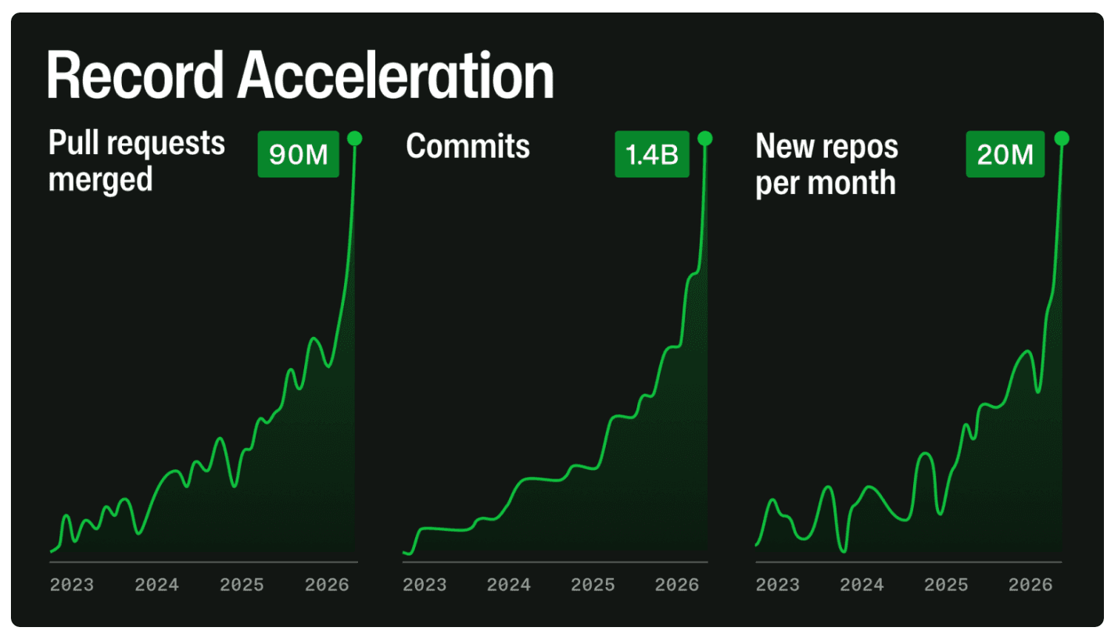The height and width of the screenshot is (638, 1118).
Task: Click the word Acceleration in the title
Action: click(396, 76)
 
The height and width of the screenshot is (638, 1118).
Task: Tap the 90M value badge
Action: click(298, 155)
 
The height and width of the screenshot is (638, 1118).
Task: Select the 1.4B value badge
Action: click(651, 155)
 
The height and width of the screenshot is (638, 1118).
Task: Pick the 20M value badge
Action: click(1005, 155)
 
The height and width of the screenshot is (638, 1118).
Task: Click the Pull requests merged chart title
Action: click(137, 162)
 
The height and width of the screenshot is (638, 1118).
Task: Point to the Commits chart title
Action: click(468, 146)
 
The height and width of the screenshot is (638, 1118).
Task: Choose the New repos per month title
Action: click(826, 163)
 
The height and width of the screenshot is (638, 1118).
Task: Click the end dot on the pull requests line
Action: click(355, 139)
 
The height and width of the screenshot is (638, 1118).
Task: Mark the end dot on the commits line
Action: click(705, 139)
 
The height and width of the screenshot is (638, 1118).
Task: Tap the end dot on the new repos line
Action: click(1061, 139)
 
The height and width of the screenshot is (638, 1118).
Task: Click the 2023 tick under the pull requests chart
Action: click(72, 585)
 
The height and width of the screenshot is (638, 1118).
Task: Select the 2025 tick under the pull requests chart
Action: click(242, 585)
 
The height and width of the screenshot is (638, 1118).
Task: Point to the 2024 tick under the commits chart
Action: click(509, 585)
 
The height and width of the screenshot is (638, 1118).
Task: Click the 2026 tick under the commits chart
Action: click(677, 585)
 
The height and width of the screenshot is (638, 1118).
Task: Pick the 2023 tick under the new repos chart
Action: click(777, 585)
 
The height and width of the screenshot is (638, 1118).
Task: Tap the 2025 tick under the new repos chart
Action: click(946, 585)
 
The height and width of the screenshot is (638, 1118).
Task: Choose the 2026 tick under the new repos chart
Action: click(1030, 585)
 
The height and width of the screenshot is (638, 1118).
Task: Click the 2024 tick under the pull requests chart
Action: click(156, 585)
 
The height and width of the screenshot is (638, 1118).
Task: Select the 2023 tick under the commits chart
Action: click(425, 585)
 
